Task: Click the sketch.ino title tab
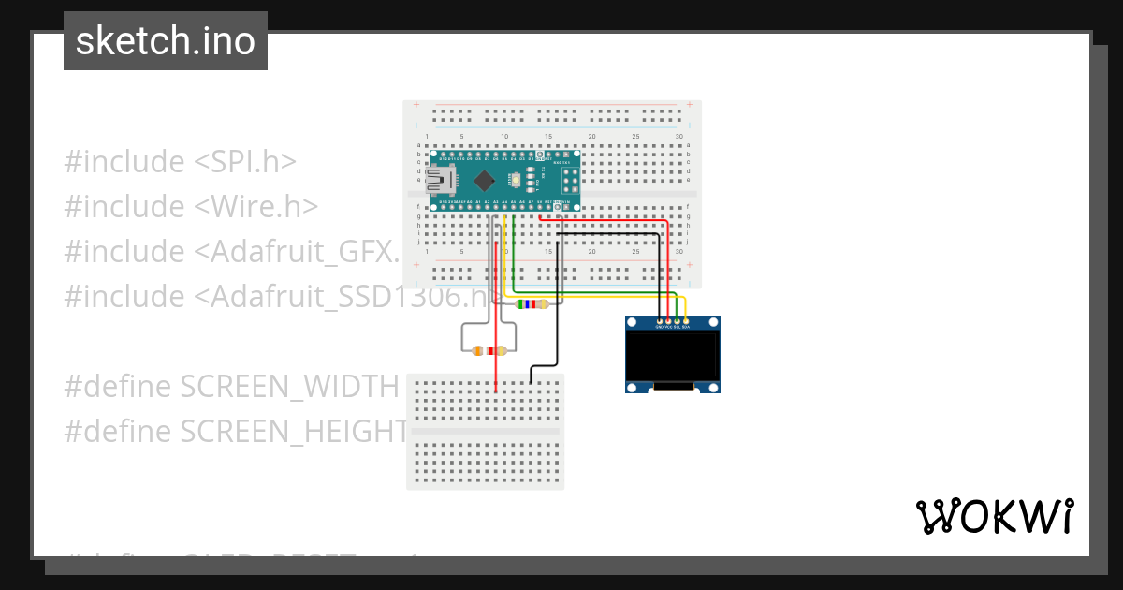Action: [166, 41]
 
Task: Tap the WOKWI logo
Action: [994, 516]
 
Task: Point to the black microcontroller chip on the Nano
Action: [484, 180]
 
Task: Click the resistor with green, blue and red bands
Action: [532, 303]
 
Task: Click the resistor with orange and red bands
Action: [489, 350]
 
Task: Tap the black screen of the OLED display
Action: [672, 358]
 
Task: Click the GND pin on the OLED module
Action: [659, 321]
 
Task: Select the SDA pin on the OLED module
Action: [686, 321]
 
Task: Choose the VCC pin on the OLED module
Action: [667, 321]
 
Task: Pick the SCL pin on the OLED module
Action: [677, 321]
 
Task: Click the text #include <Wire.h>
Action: [191, 207]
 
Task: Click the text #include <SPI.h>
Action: [180, 162]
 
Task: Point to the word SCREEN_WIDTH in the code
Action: [289, 387]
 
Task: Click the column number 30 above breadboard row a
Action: [678, 138]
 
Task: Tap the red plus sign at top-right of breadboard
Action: [689, 104]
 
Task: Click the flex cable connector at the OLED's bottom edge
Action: [673, 386]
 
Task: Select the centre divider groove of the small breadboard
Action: [486, 432]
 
